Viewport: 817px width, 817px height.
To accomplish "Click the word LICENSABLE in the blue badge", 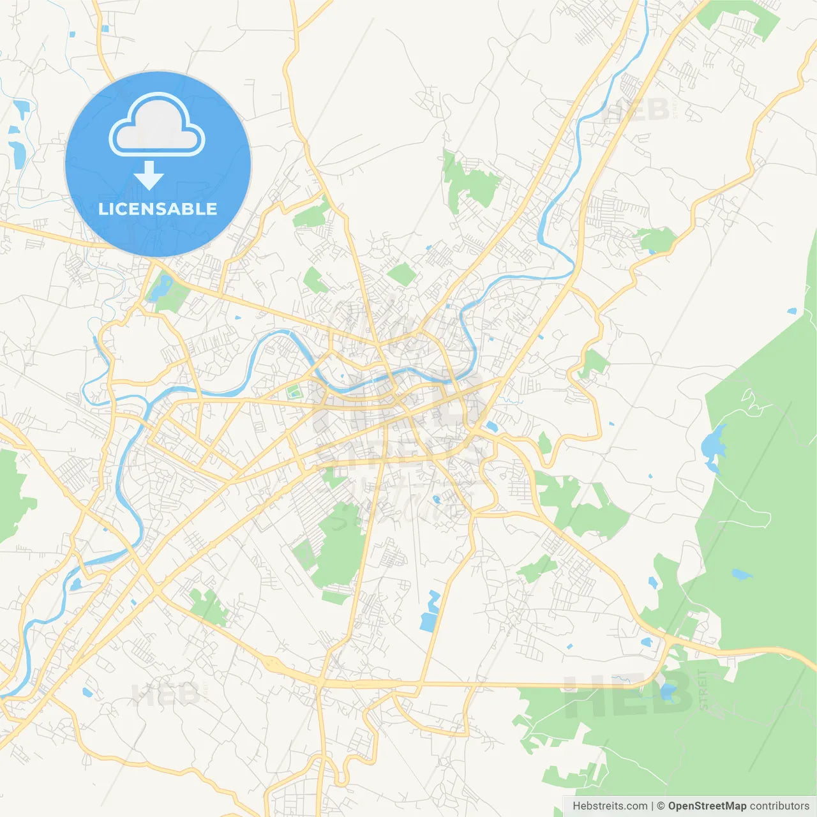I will tap(158, 209).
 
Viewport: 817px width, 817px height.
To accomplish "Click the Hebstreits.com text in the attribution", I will tap(610, 806).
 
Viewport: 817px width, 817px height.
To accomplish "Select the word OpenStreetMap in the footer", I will tap(707, 806).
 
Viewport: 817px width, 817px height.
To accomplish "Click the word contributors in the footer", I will tap(779, 806).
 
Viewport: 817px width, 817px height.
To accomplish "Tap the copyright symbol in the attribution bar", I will tap(661, 806).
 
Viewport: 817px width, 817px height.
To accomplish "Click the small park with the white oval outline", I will tap(294, 391).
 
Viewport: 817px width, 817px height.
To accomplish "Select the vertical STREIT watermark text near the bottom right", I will tap(703, 689).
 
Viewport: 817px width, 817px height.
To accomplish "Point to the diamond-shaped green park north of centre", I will tap(402, 274).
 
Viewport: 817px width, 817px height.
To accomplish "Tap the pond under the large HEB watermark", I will tap(668, 691).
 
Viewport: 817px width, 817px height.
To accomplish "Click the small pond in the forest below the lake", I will tap(740, 573).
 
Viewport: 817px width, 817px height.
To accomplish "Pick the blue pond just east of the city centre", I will tap(491, 426).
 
